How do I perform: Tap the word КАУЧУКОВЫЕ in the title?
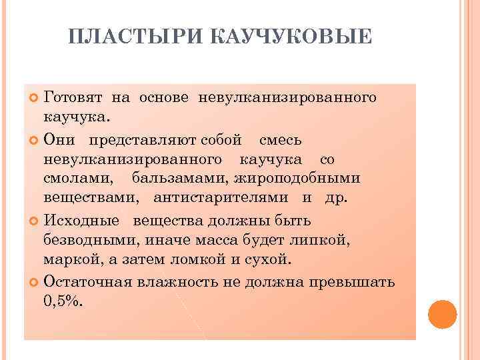pos(291,39)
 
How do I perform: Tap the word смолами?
pos(78,179)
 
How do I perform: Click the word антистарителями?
pos(221,198)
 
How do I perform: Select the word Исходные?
pos(81,221)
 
